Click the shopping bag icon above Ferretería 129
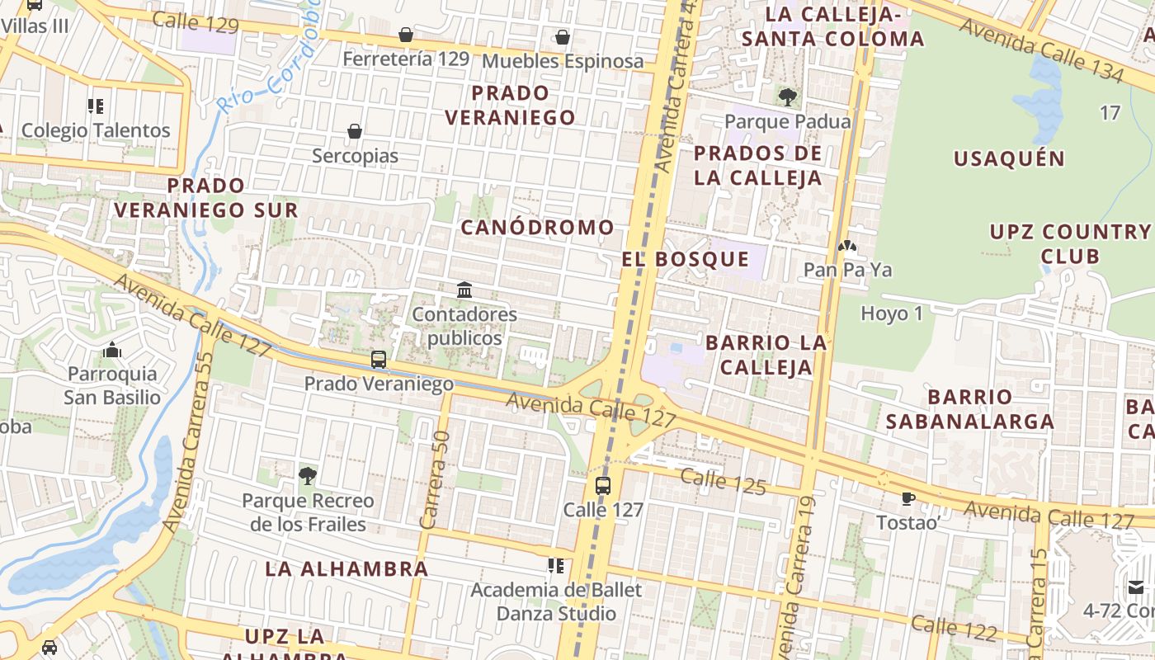coord(406,35)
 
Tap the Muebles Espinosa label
coord(563,62)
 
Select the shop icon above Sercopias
coord(355,131)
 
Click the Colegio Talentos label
coord(96,130)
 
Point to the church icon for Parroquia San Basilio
coord(112,350)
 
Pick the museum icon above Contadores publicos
coord(464,290)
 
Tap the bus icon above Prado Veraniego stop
coord(379,360)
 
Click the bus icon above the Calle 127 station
coord(603,485)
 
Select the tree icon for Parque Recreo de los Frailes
coord(308,475)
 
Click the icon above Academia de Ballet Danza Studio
coord(556,566)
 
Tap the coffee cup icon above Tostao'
coord(908,498)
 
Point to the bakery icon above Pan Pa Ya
coord(847,245)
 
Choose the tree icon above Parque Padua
coord(788,97)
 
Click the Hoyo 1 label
coord(892,313)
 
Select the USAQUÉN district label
coord(1009,159)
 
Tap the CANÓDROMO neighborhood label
coord(537,228)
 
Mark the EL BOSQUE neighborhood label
coord(686,259)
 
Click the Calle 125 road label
coord(724,481)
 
